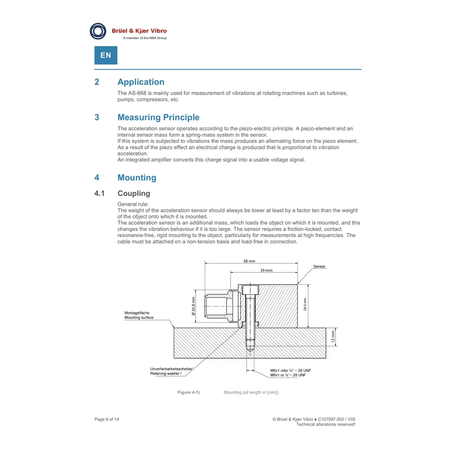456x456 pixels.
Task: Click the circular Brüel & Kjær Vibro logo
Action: [x=98, y=31]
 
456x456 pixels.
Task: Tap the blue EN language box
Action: [x=106, y=55]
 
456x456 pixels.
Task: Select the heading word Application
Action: [x=141, y=82]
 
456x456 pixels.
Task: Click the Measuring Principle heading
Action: [x=159, y=117]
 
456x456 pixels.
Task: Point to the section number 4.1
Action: [x=99, y=194]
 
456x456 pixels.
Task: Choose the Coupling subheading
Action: [x=134, y=194]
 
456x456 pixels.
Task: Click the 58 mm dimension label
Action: [x=249, y=261]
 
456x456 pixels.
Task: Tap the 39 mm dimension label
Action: [x=267, y=271]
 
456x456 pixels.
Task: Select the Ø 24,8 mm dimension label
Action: [x=194, y=306]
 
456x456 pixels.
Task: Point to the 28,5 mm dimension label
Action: [x=305, y=304]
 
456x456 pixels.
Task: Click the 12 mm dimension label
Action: [x=333, y=337]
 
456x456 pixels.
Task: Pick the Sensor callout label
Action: [x=319, y=267]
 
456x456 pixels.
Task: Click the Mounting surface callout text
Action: [x=139, y=318]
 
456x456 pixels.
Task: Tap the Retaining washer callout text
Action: [x=166, y=374]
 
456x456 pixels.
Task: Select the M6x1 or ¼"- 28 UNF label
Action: [x=288, y=375]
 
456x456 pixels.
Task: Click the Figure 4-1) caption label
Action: [x=189, y=392]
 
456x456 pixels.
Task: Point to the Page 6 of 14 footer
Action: [x=107, y=420]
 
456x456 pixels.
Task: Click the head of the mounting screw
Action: [x=250, y=290]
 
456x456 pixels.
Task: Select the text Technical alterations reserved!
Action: [x=326, y=425]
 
